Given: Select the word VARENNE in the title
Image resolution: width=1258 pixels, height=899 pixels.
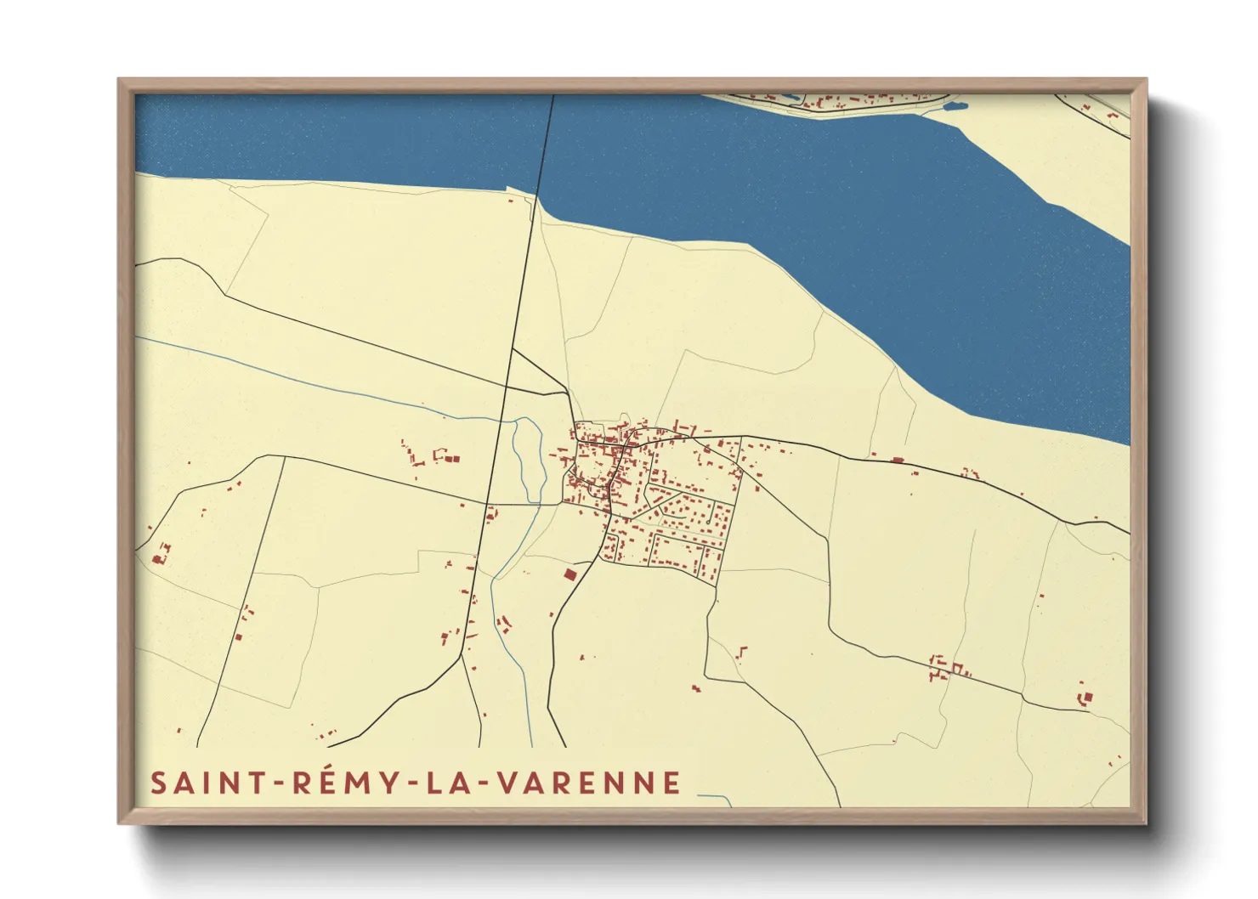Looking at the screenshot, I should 598,783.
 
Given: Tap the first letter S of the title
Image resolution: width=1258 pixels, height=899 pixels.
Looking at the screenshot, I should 159,783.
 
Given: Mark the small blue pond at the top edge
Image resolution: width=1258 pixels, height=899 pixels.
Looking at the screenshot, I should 955,107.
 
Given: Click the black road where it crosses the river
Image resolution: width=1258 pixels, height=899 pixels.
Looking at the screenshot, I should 546,144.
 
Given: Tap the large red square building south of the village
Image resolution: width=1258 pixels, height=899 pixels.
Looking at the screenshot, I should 569,574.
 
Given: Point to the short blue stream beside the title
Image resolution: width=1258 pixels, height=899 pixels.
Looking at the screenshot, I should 716,798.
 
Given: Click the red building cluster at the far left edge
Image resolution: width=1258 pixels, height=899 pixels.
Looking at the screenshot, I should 160,554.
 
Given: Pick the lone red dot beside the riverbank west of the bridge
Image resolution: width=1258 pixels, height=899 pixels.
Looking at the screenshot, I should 510,201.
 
